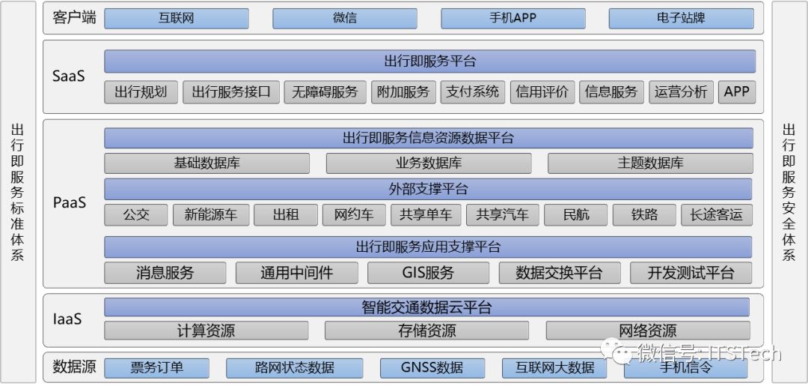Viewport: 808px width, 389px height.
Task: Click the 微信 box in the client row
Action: [x=344, y=18]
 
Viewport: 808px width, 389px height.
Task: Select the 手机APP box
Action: [x=512, y=18]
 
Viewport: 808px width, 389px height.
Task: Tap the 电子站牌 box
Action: [x=681, y=18]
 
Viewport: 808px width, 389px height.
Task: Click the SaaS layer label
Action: [x=69, y=76]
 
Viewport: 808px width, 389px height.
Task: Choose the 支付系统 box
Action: [x=472, y=92]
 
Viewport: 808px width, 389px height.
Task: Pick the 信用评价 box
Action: [x=542, y=92]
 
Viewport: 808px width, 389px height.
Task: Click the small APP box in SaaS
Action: [x=736, y=92]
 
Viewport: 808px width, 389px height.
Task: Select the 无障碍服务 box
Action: [x=325, y=92]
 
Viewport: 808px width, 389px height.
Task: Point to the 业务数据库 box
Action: [x=429, y=163]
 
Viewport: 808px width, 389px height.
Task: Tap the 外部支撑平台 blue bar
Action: [x=428, y=189]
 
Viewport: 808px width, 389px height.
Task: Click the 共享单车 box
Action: [x=425, y=215]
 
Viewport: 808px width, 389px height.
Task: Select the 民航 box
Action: [x=576, y=215]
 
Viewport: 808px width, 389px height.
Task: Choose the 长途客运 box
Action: [x=716, y=215]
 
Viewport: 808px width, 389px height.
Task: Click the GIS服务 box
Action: [x=428, y=273]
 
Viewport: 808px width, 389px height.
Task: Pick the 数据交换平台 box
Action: [x=559, y=273]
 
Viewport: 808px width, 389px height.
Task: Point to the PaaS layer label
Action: [x=69, y=202]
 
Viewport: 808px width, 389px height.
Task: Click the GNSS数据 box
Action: [x=432, y=368]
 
